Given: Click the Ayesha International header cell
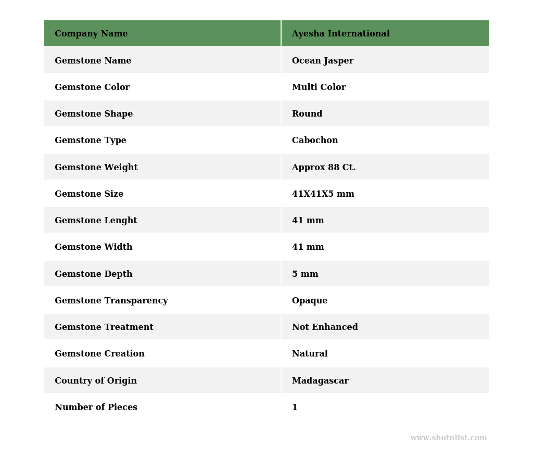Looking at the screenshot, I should (340, 34).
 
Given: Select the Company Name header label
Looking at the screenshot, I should (91, 34).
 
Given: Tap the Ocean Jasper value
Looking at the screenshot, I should (323, 61).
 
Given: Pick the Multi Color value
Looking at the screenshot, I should (319, 87).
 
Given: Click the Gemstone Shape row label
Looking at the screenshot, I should (94, 114).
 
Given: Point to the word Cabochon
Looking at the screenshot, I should (315, 141).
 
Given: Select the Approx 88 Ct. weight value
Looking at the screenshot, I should (324, 168).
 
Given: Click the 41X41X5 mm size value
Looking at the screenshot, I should (323, 194).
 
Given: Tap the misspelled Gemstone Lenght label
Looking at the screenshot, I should (96, 221).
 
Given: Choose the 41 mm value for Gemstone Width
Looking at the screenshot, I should (308, 247).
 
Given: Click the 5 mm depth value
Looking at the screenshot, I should (305, 274).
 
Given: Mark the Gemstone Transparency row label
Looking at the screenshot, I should (111, 301).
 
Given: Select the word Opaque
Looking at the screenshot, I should (310, 301).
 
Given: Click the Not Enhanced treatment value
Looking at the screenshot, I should (325, 327).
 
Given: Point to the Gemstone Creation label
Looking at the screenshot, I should (99, 354).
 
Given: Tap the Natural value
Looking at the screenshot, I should (310, 354).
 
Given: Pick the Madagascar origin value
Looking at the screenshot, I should (320, 381).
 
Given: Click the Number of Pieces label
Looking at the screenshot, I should (96, 407).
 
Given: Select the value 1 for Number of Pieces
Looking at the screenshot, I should (295, 407).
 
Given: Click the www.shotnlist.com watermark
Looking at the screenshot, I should (448, 438).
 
